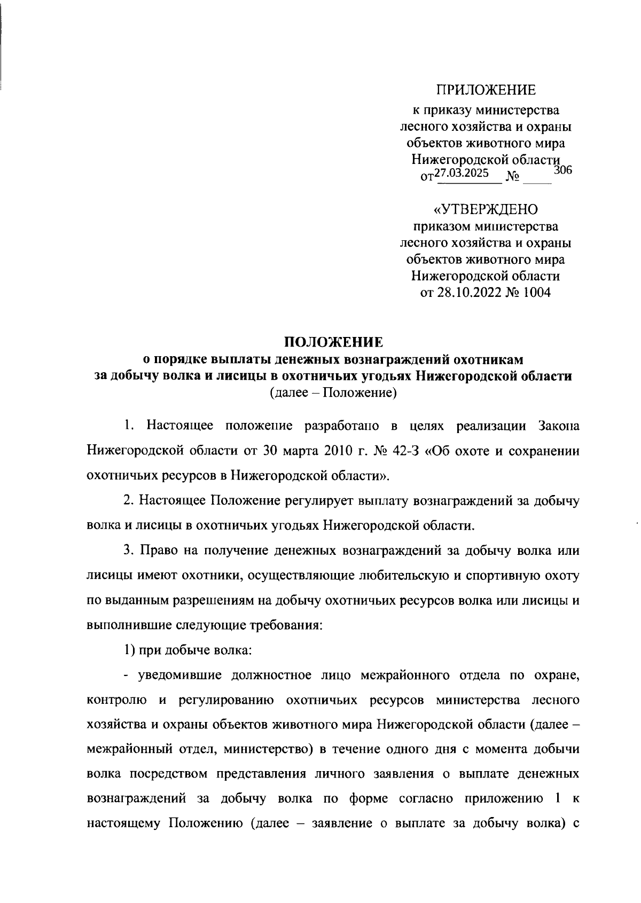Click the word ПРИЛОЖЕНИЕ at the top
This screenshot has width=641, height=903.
486,90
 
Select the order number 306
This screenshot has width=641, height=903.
563,171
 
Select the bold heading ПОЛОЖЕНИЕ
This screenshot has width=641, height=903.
333,341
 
